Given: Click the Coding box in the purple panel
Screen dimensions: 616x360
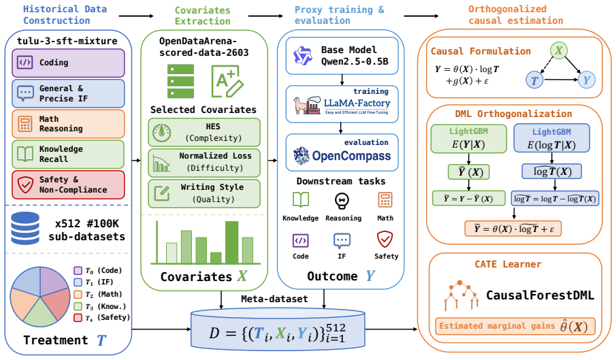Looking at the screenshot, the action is point(68,63).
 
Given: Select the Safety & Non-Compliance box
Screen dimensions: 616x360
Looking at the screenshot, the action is point(68,184).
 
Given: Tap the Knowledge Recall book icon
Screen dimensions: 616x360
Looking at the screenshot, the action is point(25,154).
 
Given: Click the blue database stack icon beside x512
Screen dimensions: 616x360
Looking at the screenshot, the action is point(25,229).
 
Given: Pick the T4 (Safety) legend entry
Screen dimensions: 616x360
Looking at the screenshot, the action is point(101,318).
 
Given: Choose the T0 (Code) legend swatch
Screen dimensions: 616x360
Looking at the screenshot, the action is point(78,270).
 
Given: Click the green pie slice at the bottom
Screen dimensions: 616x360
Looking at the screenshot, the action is point(39,313).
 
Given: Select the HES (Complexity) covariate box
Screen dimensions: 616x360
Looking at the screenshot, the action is point(204,132).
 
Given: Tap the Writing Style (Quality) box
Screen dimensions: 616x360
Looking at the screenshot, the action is point(204,193).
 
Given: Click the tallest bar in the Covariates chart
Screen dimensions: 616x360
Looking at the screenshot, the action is point(232,242).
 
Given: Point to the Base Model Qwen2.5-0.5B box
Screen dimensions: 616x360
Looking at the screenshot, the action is point(342,56).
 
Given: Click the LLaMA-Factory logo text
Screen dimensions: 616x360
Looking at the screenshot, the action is point(357,103).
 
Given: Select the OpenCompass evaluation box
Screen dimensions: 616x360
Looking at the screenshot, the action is point(342,152).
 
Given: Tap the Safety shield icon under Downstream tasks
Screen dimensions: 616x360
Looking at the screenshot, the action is point(385,239).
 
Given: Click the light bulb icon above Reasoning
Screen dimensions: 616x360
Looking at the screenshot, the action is point(342,201).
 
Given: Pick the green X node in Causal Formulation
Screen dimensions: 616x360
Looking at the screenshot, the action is point(559,50).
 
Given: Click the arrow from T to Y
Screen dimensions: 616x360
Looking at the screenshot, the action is point(561,80).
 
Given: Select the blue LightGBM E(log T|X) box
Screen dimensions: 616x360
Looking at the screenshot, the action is point(551,138).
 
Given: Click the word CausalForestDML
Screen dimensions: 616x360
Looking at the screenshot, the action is point(540,295).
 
